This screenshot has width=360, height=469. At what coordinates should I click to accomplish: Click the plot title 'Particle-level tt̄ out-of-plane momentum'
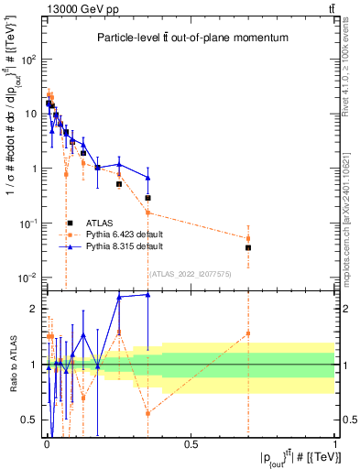tap(189, 38)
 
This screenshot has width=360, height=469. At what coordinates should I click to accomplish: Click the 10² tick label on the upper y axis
tap(27, 59)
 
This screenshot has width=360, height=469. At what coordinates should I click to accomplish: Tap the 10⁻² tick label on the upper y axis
tap(27, 278)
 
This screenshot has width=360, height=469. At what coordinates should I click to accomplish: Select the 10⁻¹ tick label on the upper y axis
tap(27, 224)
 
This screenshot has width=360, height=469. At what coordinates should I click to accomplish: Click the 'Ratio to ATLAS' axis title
tap(10, 365)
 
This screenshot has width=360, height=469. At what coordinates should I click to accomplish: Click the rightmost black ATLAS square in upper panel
tap(248, 247)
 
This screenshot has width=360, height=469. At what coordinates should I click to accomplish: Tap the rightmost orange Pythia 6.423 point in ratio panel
tap(248, 333)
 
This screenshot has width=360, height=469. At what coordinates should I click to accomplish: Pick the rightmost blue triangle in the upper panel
tap(147, 178)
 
